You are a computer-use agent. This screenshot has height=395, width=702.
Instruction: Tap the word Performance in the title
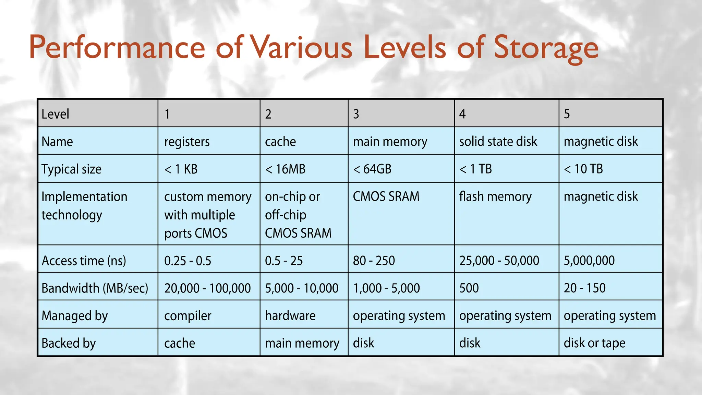pos(117,48)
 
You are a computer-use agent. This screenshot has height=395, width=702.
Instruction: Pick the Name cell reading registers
pos(187,142)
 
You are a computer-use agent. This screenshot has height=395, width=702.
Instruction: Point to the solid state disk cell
pos(498,141)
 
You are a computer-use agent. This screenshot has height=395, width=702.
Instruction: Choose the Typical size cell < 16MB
pos(285,169)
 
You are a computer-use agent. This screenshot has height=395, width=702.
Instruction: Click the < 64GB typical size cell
pos(372,169)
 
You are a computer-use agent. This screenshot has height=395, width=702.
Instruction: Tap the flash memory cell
pos(495,196)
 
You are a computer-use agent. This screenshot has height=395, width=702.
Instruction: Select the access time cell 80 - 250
pos(374,261)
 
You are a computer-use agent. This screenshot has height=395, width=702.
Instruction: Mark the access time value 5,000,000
pos(589,261)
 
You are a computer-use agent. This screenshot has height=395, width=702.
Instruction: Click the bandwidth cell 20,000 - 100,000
pos(207,288)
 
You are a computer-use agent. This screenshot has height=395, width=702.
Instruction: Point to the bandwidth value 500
pos(469,288)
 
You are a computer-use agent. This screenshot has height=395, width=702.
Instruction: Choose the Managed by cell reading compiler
pos(187,316)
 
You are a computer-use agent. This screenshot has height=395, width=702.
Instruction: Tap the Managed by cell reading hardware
pos(290,316)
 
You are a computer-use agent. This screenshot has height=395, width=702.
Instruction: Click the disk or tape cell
pos(594,343)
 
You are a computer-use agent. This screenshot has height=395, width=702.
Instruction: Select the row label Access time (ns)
pos(84,261)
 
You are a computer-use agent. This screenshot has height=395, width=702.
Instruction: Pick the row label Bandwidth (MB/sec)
pos(95,288)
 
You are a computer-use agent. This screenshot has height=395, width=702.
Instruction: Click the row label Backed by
pos(69,343)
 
